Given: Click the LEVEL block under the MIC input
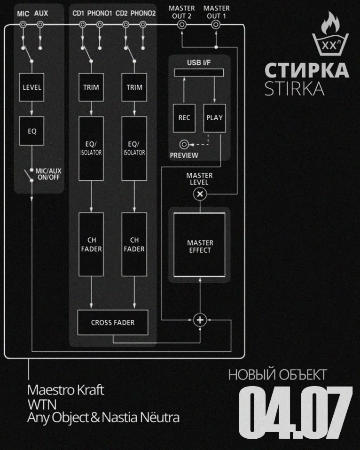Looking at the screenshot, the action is [x=31, y=87].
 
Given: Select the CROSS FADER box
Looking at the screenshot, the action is [x=113, y=322].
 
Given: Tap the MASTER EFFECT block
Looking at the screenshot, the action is [x=200, y=245].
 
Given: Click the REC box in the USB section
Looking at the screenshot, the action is [x=184, y=118].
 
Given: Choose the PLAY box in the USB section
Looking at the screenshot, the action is [x=214, y=118].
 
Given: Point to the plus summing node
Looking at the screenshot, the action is [x=200, y=320].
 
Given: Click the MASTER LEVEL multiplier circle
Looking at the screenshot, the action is [x=200, y=194].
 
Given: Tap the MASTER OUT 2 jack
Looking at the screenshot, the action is [x=181, y=25].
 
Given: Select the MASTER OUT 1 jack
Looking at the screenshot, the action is [x=216, y=25].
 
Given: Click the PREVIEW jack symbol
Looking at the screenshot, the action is [x=184, y=144].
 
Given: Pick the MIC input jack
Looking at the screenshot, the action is [x=23, y=25].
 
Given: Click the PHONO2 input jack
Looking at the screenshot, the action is [x=143, y=25].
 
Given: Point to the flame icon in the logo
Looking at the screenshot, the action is [x=330, y=23].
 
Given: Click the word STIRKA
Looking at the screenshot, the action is [x=295, y=88].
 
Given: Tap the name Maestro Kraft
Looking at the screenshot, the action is [x=65, y=390].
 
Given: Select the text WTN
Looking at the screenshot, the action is [x=42, y=404].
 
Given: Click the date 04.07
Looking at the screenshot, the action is [x=296, y=412].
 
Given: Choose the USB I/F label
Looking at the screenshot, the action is [x=199, y=62].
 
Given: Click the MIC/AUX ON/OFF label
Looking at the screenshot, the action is [x=48, y=174].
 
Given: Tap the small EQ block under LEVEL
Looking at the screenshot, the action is [x=31, y=131].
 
